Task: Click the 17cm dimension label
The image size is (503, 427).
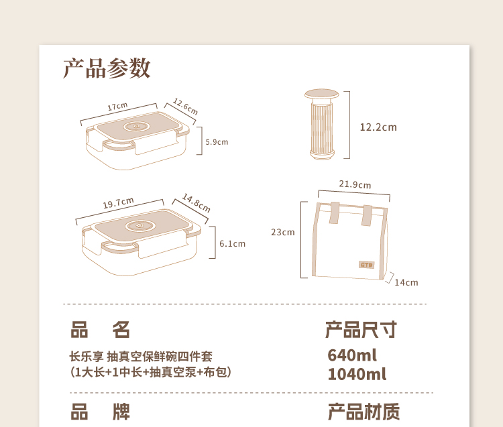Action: pyautogui.click(x=117, y=106)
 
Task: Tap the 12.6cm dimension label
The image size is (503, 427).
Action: pyautogui.click(x=185, y=107)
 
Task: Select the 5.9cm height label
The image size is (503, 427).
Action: pyautogui.click(x=217, y=142)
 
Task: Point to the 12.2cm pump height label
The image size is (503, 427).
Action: pyautogui.click(x=378, y=127)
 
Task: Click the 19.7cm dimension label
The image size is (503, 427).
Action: pyautogui.click(x=118, y=202)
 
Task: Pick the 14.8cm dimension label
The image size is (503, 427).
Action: pyautogui.click(x=197, y=202)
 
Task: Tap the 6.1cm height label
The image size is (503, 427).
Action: pyautogui.click(x=232, y=243)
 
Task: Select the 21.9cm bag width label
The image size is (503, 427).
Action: pyautogui.click(x=355, y=184)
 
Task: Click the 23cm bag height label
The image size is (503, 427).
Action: pyautogui.click(x=282, y=232)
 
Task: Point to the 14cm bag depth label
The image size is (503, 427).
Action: pyautogui.click(x=406, y=282)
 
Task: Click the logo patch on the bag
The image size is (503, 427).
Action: pyautogui.click(x=366, y=265)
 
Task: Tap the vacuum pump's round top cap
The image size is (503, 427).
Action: pyautogui.click(x=321, y=94)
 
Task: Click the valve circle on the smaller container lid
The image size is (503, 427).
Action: pyautogui.click(x=136, y=126)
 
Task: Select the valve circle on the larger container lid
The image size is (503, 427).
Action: pyautogui.click(x=141, y=226)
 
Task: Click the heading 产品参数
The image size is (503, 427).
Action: pyautogui.click(x=107, y=68)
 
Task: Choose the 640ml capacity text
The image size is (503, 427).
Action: pyautogui.click(x=352, y=355)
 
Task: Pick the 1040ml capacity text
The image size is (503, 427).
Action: pyautogui.click(x=357, y=374)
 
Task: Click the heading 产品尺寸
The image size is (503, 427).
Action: pyautogui.click(x=361, y=330)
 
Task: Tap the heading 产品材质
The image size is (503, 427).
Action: pyautogui.click(x=364, y=412)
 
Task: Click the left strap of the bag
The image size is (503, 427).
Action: pyautogui.click(x=334, y=213)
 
